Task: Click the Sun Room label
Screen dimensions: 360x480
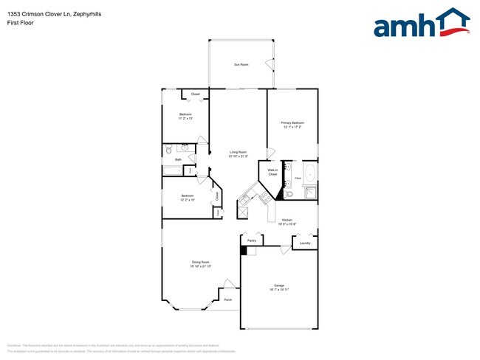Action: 241,65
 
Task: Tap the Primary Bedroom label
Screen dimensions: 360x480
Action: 292,122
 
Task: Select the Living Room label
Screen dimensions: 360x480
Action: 237,152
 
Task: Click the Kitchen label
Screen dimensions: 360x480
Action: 287,220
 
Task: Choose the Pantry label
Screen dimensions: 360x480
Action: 252,240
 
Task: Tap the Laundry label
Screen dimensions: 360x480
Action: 304,243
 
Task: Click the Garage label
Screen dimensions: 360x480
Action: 279,285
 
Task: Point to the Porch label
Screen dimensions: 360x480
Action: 228,300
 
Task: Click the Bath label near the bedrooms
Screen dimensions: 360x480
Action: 178,159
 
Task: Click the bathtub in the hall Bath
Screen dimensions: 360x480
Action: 172,171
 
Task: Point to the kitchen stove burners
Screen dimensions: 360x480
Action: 241,210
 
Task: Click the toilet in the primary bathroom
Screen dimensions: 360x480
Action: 290,193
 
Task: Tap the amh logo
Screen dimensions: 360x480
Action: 422,24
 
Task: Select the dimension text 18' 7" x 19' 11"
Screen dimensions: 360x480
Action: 279,291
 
